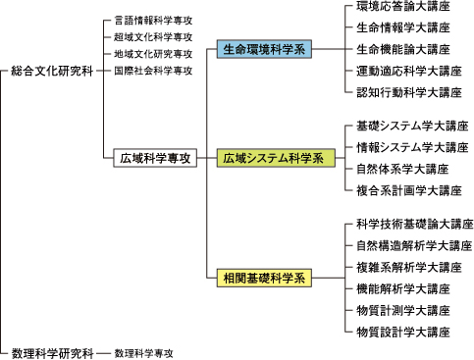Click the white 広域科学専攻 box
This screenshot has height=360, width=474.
(x=155, y=157)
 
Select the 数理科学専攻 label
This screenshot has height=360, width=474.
(x=145, y=351)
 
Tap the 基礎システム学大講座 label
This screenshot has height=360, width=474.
(x=412, y=127)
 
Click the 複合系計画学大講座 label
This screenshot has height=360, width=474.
(x=408, y=189)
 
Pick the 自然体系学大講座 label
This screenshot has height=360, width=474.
(x=402, y=169)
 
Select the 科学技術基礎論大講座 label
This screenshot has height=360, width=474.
(x=414, y=225)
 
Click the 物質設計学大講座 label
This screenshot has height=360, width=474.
(x=402, y=332)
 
